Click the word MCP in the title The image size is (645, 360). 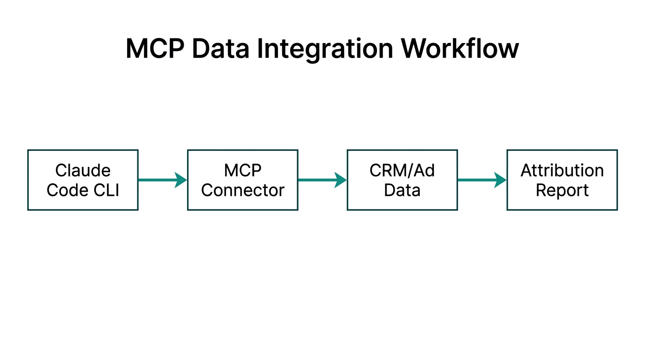pos(155,48)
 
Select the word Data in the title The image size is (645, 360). pos(220,48)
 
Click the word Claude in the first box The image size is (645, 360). pos(83,170)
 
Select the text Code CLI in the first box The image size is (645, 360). pos(83,190)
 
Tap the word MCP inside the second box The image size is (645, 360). pos(242,170)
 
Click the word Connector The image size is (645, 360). pos(242,190)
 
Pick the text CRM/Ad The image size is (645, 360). pos(402,170)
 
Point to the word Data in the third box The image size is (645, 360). pos(402,190)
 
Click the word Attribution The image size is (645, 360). pos(562,170)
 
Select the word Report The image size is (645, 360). pos(562,190)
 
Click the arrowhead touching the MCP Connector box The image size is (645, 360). pos(181,180)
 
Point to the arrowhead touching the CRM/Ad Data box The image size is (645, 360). pos(341,180)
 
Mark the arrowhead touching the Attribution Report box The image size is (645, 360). pos(501,180)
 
